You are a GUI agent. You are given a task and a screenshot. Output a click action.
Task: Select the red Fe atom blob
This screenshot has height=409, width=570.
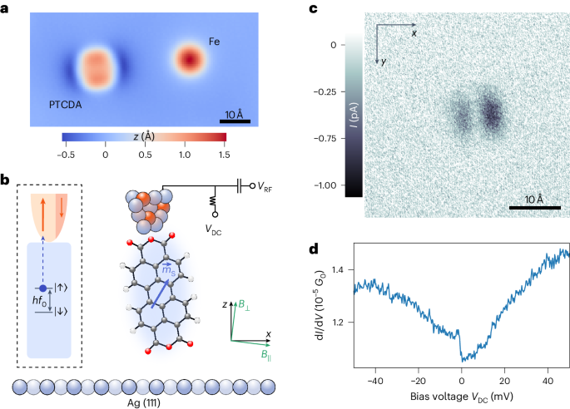(x=191, y=60)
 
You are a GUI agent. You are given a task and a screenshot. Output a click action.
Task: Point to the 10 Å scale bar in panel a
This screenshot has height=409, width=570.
(x=235, y=121)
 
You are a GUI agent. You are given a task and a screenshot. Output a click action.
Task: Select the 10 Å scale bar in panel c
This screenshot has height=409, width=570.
(x=528, y=208)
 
